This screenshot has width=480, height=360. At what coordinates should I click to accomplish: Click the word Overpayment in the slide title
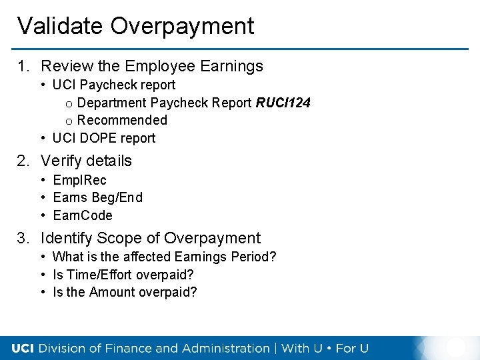(x=182, y=26)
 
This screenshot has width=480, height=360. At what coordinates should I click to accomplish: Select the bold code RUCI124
(x=283, y=103)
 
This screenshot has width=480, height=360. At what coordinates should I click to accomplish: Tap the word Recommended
(x=122, y=120)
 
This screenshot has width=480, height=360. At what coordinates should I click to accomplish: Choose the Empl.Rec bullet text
(x=79, y=180)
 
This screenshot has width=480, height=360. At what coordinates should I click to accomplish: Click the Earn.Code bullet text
(x=83, y=215)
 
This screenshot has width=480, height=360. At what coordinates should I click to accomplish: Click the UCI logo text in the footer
(x=23, y=348)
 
